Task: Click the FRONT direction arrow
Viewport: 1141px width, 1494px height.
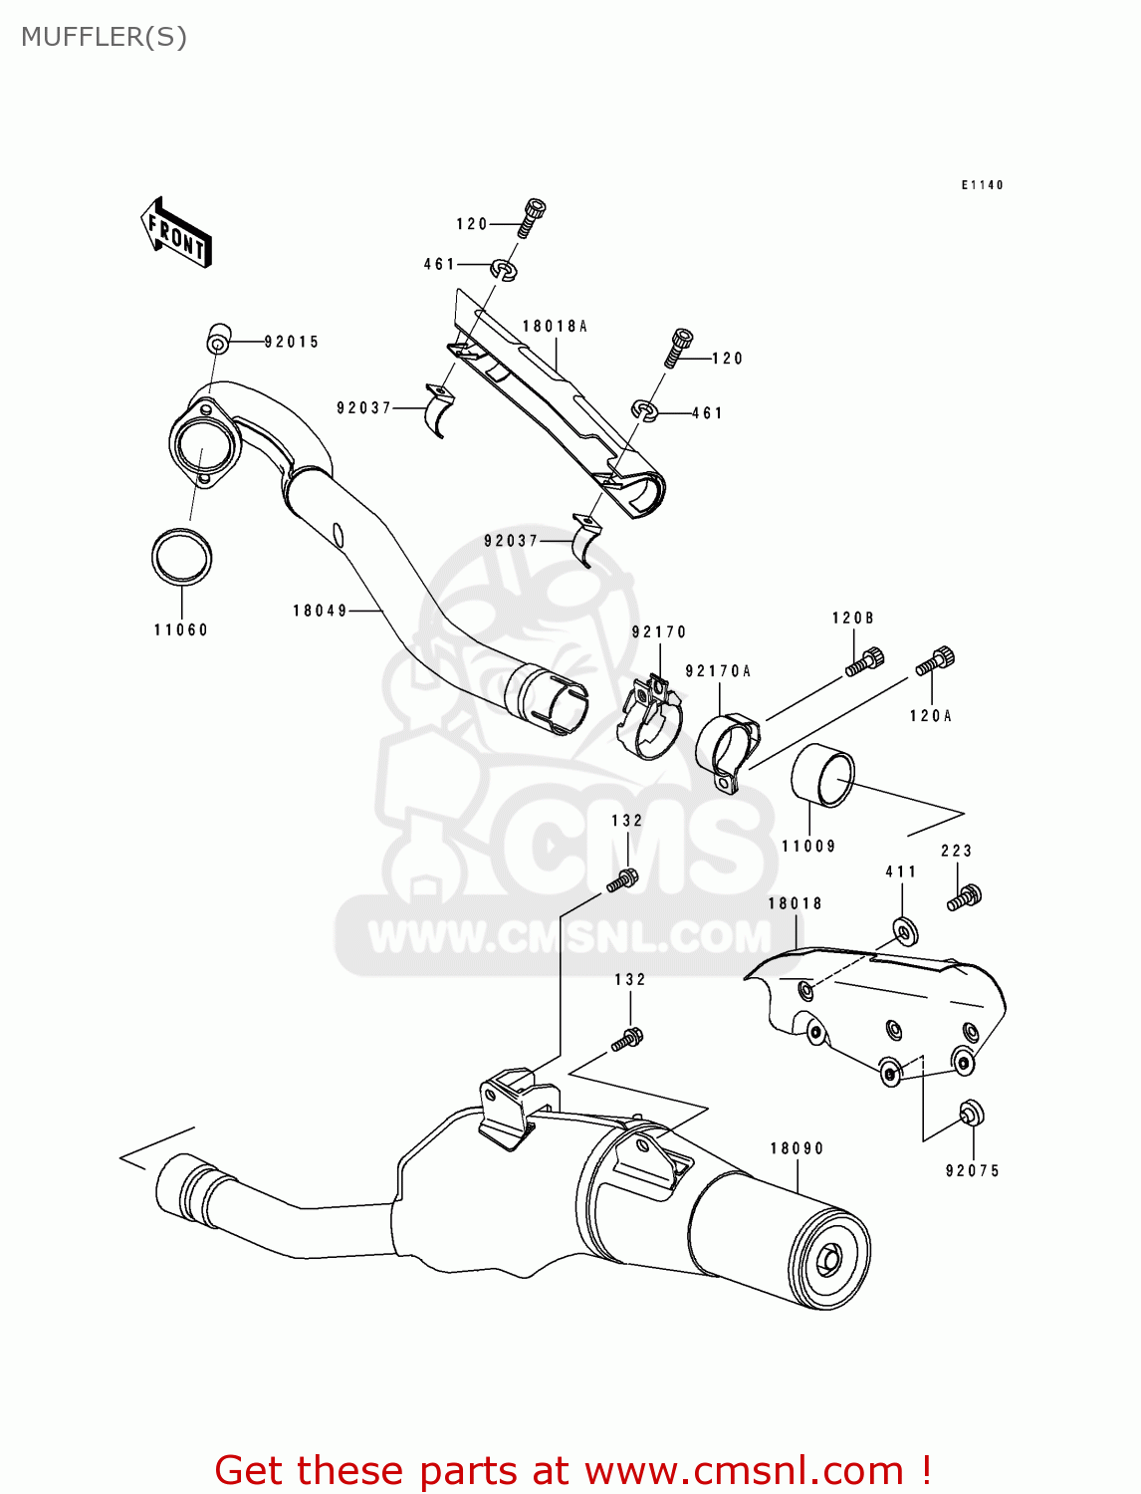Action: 177,233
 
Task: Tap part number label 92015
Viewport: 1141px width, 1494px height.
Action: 291,342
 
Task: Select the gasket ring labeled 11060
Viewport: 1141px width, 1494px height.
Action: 181,556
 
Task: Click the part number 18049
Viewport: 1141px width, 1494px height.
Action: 320,611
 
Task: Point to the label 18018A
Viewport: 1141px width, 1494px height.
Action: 555,326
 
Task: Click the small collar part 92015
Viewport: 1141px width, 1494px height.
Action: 217,340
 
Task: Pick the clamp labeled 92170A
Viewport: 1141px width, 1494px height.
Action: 728,753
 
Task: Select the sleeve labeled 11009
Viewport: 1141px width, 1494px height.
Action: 822,776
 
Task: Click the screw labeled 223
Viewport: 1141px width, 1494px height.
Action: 965,896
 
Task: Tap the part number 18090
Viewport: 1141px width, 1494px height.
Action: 797,1148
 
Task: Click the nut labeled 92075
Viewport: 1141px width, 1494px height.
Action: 970,1112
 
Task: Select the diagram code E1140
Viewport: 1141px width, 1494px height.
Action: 982,185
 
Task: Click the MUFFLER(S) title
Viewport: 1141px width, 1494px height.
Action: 104,37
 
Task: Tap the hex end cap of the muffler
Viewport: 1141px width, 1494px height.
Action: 828,1260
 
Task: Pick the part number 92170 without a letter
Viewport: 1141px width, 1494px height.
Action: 658,631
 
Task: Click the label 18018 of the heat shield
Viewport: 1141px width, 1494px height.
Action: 795,903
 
